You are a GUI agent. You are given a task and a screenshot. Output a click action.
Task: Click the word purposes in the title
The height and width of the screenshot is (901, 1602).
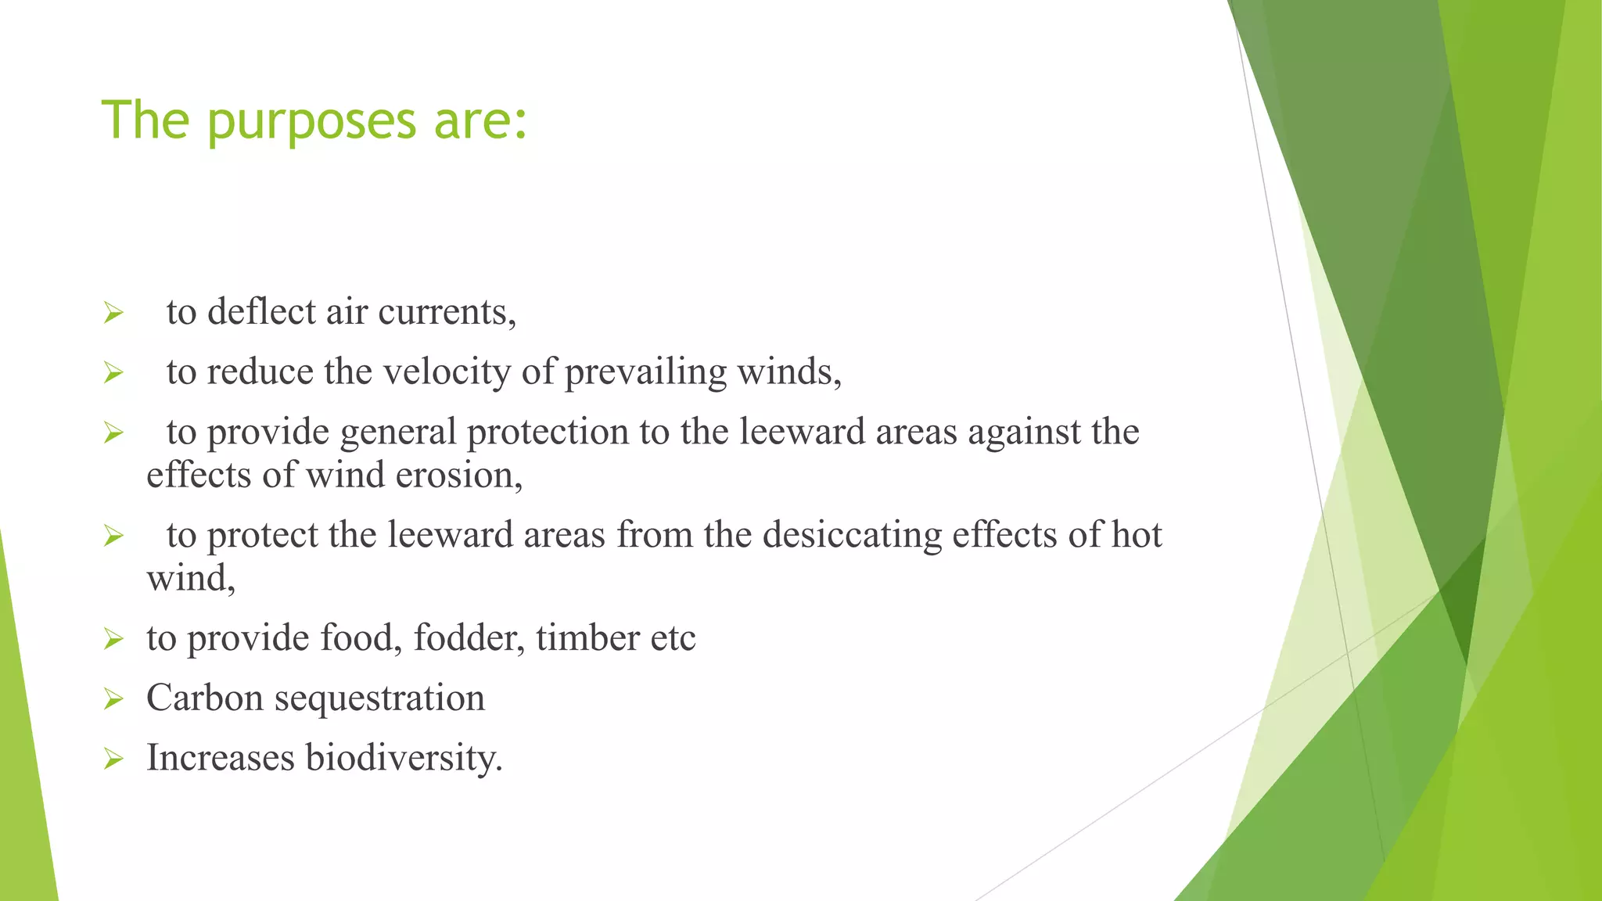(311, 121)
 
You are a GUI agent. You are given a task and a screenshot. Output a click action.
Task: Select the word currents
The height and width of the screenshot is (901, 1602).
(447, 311)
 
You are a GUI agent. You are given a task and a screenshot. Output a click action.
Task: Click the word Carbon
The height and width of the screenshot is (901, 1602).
(205, 698)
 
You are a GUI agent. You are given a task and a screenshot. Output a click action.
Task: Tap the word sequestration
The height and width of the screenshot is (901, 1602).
(379, 698)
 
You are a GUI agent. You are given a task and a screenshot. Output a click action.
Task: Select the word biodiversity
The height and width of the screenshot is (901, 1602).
(404, 758)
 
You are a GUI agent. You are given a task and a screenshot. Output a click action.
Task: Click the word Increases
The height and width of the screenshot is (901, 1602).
(221, 758)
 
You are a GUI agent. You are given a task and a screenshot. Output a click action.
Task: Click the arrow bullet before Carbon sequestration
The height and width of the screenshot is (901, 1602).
(113, 698)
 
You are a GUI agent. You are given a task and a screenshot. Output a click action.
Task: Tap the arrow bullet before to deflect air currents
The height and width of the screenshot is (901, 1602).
(113, 314)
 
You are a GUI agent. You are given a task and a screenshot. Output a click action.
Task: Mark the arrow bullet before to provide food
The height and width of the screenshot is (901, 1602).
(113, 639)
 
